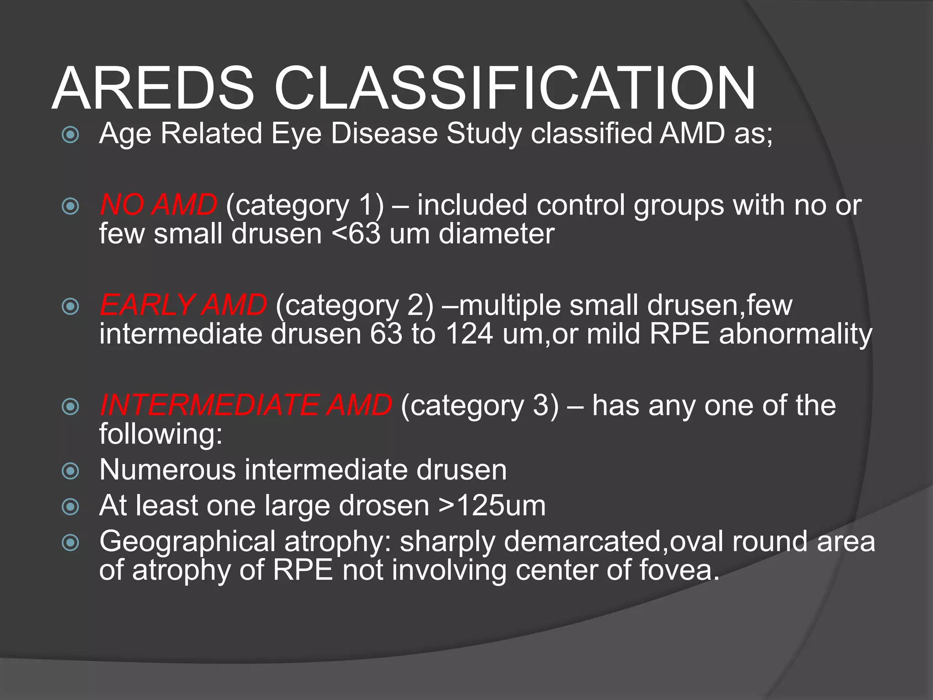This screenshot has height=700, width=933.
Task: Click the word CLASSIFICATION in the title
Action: (x=515, y=89)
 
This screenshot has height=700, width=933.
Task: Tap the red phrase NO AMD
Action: (x=158, y=205)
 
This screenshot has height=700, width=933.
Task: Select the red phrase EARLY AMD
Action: (x=183, y=305)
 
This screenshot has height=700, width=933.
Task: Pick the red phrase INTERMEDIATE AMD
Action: (x=246, y=405)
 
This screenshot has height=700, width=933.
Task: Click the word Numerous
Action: (x=167, y=470)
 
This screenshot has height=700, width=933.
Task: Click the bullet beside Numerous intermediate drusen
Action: (x=70, y=471)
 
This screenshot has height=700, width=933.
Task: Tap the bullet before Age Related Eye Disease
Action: (x=70, y=134)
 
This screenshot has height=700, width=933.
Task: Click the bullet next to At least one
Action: (x=70, y=507)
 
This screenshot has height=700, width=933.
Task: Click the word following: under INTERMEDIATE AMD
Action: (x=161, y=434)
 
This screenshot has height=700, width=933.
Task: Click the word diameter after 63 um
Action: (x=496, y=234)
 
